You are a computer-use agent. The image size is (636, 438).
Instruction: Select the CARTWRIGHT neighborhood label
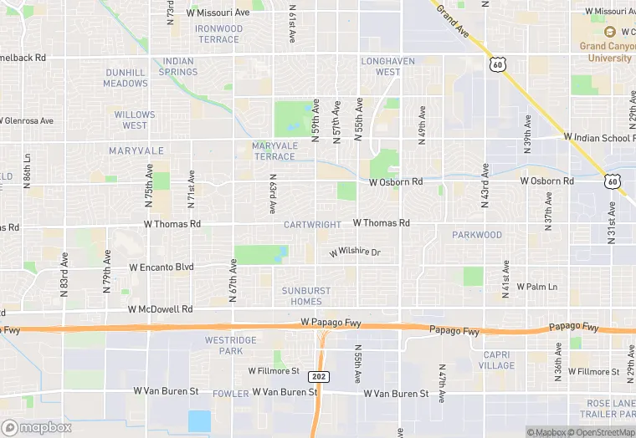(312, 225)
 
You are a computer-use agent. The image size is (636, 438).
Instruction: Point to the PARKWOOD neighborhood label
(477, 235)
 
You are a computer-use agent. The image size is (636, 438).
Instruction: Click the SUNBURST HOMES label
(300, 296)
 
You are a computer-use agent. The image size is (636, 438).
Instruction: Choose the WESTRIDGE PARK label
(224, 345)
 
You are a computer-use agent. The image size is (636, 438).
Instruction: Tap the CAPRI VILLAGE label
(497, 359)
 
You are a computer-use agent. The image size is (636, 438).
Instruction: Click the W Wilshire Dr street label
(355, 252)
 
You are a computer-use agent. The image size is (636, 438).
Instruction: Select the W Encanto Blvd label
(162, 267)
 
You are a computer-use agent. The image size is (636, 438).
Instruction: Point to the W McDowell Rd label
(161, 308)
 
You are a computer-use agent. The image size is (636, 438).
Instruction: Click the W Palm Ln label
(536, 287)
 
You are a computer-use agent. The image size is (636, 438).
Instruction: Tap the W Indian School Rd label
(599, 136)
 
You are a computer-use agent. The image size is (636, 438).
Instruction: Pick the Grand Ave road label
(453, 18)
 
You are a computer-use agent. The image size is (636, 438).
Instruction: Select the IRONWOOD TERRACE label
(218, 34)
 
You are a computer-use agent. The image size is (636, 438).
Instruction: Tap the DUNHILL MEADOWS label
(126, 78)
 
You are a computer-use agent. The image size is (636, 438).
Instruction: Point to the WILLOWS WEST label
(135, 120)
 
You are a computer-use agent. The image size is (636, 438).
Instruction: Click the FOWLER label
(230, 393)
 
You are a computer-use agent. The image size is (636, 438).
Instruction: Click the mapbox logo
(37, 427)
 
